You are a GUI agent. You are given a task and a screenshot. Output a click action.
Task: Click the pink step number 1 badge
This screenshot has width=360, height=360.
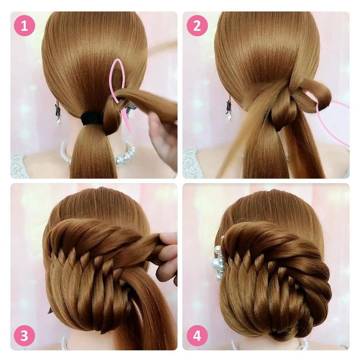click(25, 25)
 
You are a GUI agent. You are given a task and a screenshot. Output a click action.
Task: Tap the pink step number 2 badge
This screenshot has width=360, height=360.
click(197, 25)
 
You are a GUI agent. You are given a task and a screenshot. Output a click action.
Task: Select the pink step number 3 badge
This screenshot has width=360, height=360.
click(25, 336)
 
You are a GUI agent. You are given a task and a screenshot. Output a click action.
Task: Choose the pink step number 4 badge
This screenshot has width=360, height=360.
click(197, 336)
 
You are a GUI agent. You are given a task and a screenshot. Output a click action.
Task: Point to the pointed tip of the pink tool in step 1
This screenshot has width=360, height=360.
click(130, 133)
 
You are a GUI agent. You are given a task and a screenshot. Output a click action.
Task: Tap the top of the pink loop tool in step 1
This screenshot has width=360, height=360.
click(118, 59)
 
